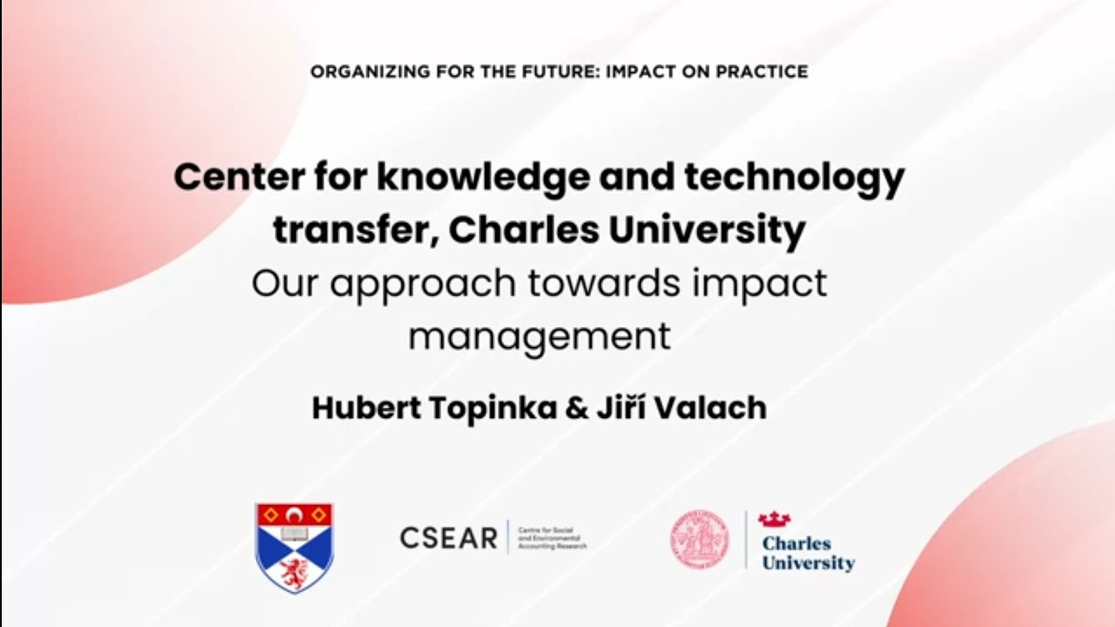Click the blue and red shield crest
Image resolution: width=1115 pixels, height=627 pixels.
point(294,547)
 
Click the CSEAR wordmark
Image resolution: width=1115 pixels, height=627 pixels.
point(449,538)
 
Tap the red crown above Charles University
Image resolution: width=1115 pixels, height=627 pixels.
point(774,520)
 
